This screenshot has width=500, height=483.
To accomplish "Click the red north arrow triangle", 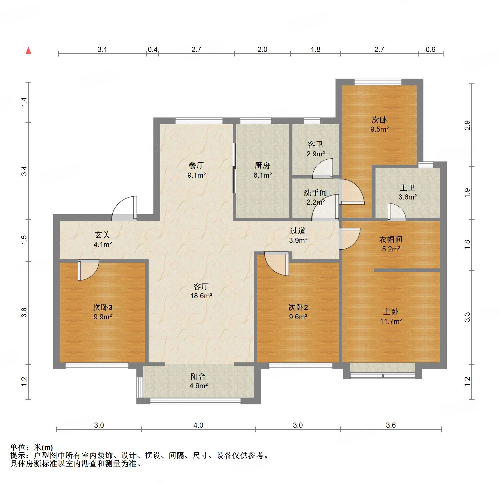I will tap(28, 51).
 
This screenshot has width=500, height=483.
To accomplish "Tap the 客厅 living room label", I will tap(201, 286).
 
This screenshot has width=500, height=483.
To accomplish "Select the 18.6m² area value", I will tap(201, 296).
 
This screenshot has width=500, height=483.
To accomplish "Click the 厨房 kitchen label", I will tap(262, 165).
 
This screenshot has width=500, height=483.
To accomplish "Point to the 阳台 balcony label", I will tap(198, 377).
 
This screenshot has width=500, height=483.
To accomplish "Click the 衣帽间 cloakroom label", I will tap(391, 240).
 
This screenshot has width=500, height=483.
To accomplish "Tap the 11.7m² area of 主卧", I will tap(391, 322).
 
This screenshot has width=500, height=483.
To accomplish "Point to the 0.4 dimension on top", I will tap(153, 50).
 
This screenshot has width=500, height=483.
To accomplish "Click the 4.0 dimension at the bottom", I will tap(198, 425).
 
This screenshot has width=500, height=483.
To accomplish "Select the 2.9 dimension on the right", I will tap(467, 125).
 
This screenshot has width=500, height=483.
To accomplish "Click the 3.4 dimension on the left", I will tap(24, 171).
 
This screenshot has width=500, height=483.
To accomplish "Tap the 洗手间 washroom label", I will tap(315, 193).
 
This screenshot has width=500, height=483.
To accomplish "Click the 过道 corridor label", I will tap(298, 231).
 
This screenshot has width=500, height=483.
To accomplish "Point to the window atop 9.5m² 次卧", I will tap(378, 82).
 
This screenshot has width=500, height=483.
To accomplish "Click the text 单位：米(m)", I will tap(31, 448).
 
